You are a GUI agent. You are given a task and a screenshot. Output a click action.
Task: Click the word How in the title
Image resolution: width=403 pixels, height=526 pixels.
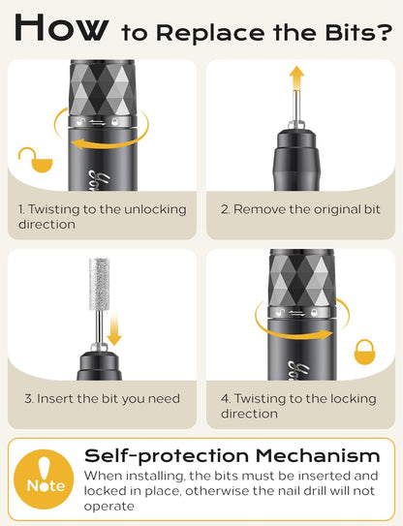(62, 28)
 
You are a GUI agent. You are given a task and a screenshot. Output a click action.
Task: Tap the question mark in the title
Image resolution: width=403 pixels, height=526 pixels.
(385, 32)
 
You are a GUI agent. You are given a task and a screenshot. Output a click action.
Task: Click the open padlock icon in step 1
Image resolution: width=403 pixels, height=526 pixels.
(35, 160)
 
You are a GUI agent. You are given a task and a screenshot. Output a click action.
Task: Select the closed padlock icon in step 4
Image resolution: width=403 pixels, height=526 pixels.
(365, 352)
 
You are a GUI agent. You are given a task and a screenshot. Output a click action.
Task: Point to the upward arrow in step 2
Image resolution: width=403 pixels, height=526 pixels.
(296, 78)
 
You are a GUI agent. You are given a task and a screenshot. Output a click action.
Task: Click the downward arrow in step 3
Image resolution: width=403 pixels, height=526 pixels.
(114, 328)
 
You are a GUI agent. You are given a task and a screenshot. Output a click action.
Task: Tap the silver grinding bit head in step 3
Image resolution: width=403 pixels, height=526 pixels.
(100, 284)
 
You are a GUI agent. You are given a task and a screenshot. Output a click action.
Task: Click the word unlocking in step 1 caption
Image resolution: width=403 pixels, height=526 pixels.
(155, 210)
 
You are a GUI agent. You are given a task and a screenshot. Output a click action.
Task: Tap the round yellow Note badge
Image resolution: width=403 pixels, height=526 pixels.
(44, 480)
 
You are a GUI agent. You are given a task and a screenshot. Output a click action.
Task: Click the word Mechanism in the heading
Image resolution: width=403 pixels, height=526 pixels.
(318, 456)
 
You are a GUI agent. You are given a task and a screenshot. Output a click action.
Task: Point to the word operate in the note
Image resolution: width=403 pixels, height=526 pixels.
(108, 507)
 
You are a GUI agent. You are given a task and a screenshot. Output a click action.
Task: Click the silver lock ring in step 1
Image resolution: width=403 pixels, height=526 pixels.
(103, 121)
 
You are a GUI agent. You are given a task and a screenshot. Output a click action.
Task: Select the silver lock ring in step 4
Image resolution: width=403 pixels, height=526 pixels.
(302, 312)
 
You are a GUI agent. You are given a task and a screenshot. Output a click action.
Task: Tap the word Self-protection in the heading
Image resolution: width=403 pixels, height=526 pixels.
(167, 456)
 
